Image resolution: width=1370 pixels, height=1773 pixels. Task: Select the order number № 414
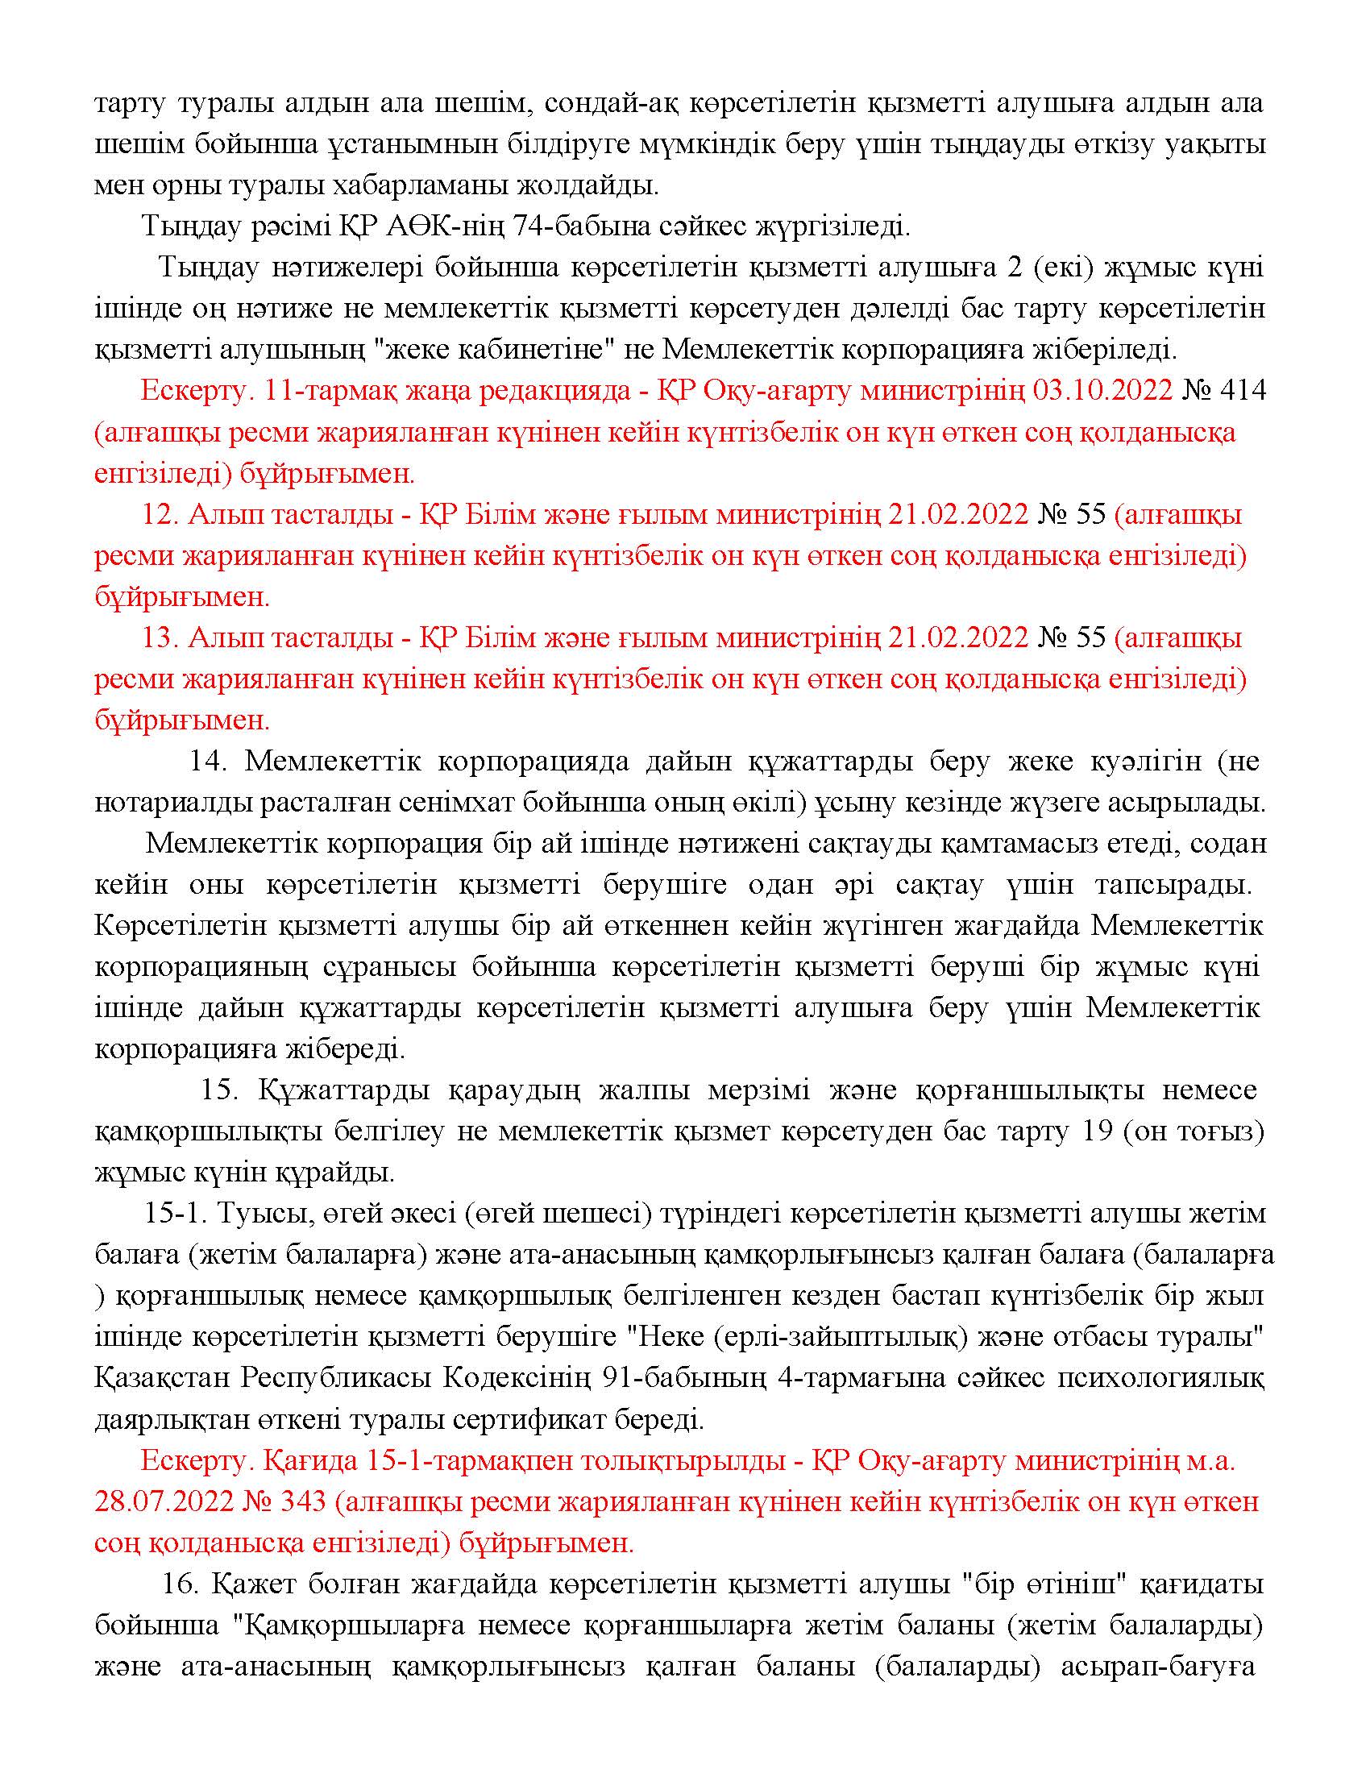1224,392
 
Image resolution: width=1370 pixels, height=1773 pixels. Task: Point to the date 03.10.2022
1102,392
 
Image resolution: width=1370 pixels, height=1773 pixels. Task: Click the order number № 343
283,1502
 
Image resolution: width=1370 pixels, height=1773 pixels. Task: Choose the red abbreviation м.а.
1211,1460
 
